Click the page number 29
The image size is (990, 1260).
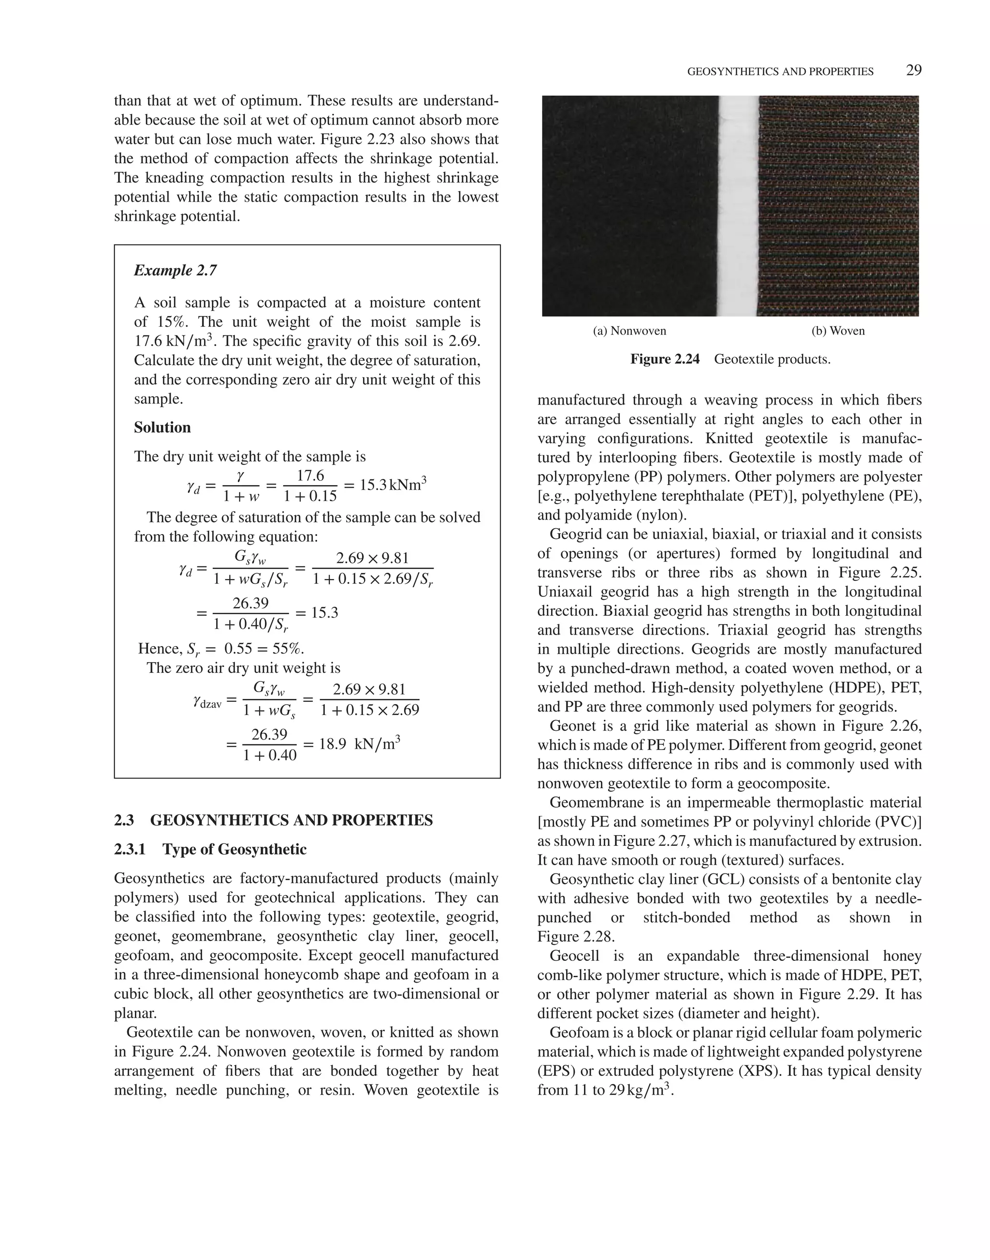pos(914,71)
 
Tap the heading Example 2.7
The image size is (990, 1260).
pos(175,271)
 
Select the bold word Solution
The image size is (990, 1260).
pos(162,428)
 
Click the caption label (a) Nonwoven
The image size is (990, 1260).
pos(629,331)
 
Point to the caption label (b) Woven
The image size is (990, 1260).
pos(838,331)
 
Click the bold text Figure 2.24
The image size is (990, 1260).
pos(665,359)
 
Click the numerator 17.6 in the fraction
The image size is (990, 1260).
pos(310,476)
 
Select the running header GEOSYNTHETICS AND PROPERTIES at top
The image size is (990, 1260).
pos(780,72)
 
